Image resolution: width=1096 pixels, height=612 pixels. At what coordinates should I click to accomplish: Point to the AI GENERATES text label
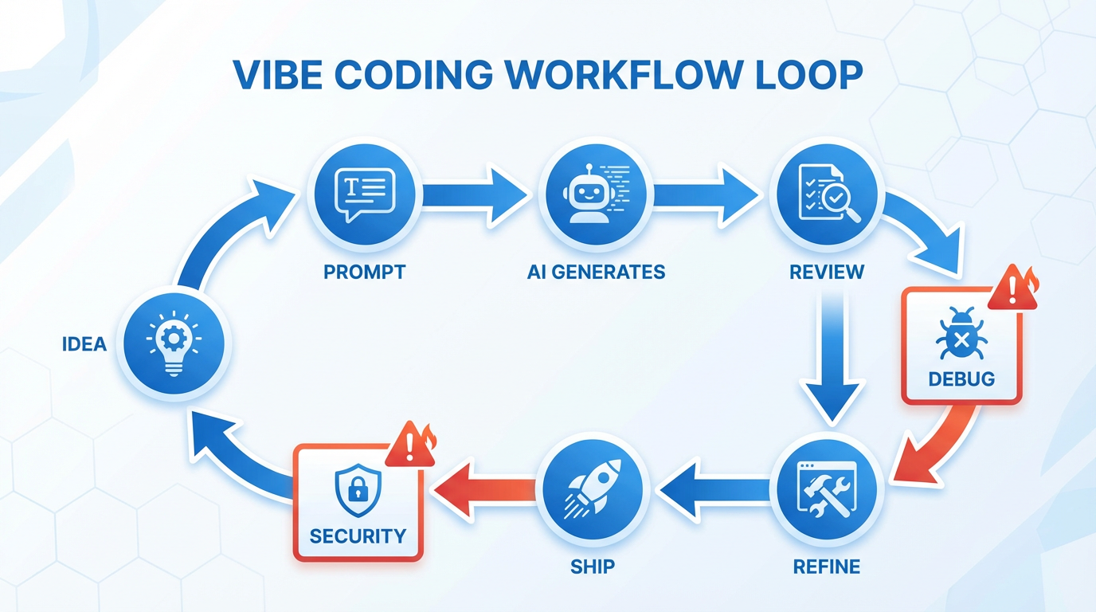pos(596,272)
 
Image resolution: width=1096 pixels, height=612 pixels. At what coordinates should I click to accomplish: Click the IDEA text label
pos(84,344)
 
